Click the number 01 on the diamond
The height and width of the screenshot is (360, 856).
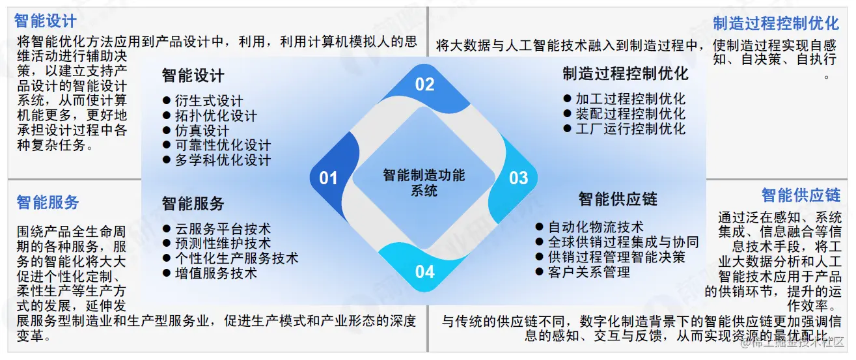click(x=328, y=178)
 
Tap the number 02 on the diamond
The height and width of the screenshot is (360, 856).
click(x=424, y=84)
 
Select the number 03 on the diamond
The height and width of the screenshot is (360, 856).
click(x=518, y=178)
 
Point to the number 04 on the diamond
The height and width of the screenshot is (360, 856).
click(x=424, y=271)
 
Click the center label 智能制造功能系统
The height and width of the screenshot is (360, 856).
click(x=424, y=183)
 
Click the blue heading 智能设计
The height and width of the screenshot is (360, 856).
click(x=46, y=22)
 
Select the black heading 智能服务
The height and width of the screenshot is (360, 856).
click(x=193, y=203)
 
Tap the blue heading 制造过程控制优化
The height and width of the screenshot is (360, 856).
click(x=776, y=24)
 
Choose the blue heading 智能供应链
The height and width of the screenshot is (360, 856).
click(x=801, y=195)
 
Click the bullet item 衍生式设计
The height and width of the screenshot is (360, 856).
click(x=208, y=101)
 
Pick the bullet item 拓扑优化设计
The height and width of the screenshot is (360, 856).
click(x=215, y=116)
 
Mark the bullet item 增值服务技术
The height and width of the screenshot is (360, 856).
click(x=215, y=273)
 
